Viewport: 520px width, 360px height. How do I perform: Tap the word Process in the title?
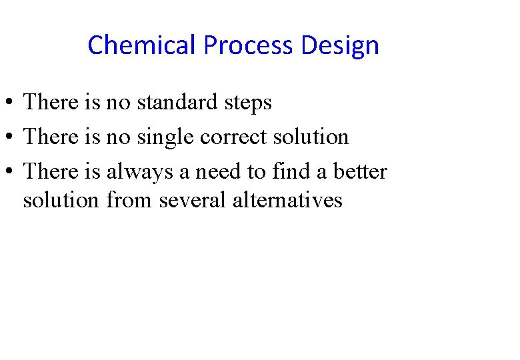coord(248,46)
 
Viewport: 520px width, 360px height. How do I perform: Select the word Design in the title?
coord(340,46)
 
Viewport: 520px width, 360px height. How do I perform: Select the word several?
coord(193,200)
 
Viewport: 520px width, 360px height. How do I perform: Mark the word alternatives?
coord(287,200)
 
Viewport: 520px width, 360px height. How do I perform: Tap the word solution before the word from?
coord(61,200)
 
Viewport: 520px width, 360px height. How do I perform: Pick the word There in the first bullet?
coord(51,103)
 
